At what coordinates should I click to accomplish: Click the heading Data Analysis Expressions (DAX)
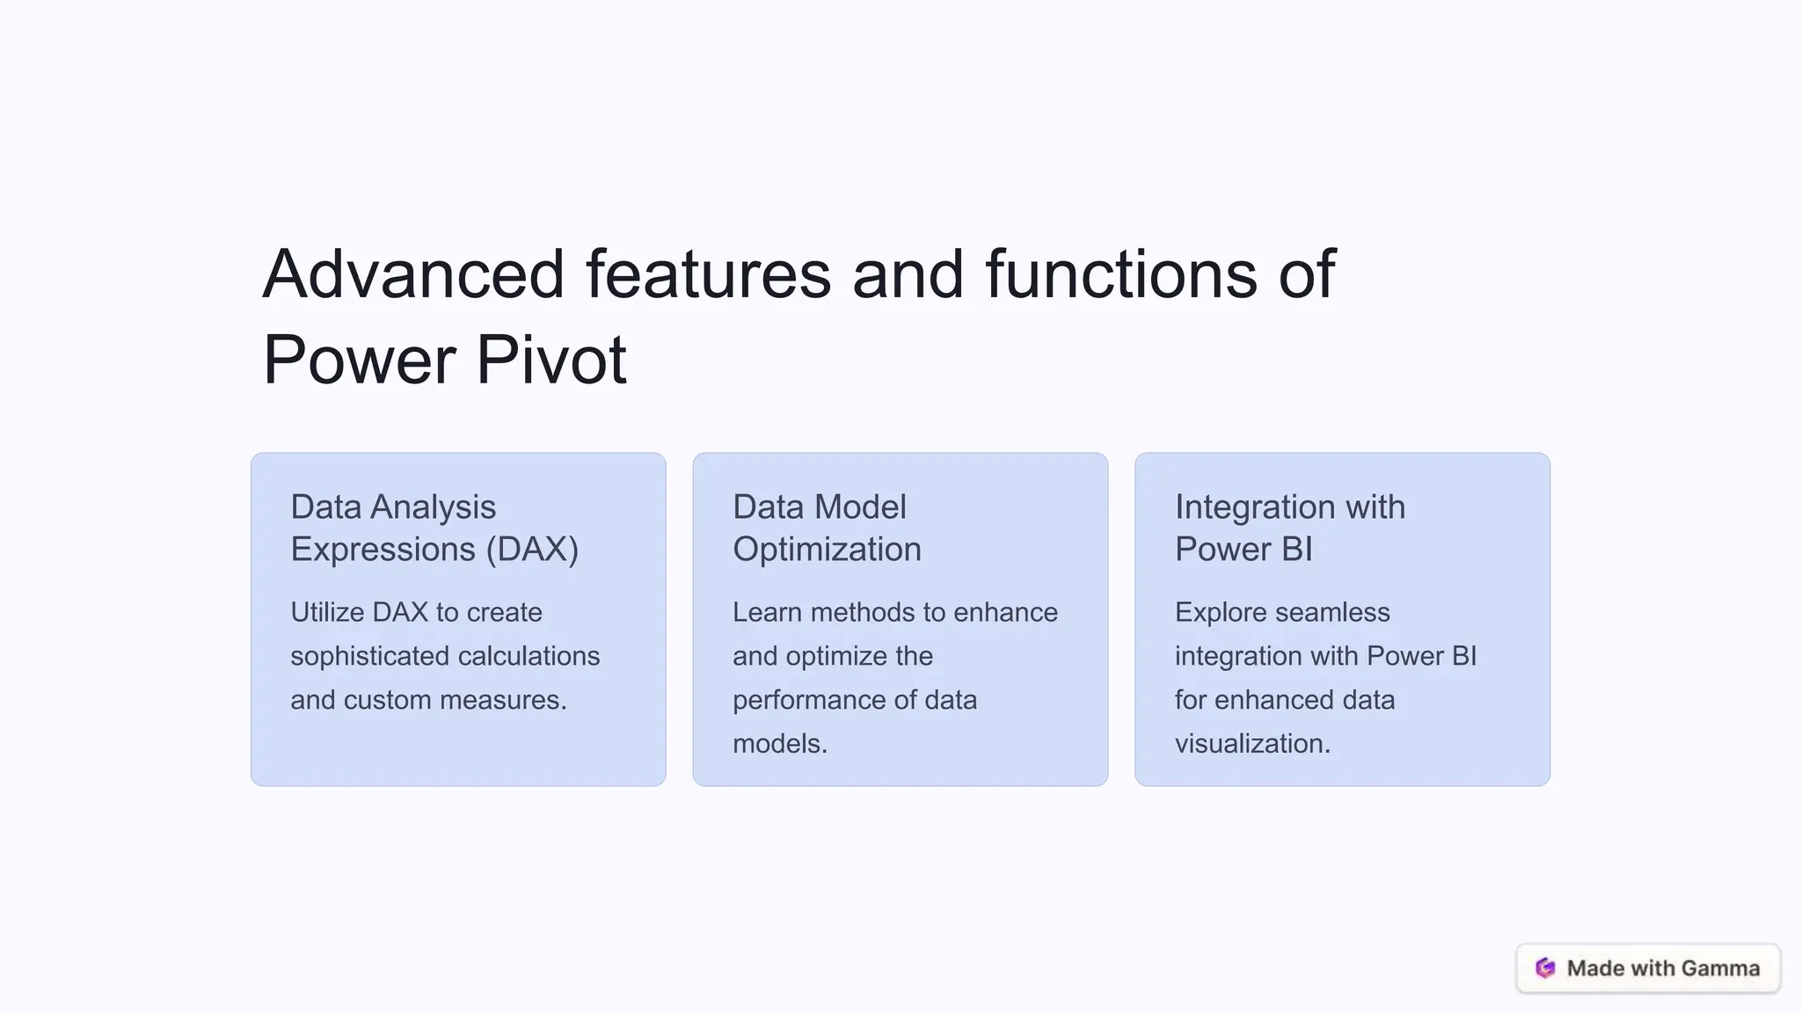click(x=434, y=528)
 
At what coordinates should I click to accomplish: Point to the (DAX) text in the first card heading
click(x=532, y=550)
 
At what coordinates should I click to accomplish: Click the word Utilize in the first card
click(x=327, y=612)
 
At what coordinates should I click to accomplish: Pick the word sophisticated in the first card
click(x=370, y=656)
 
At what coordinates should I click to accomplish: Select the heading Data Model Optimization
click(x=827, y=528)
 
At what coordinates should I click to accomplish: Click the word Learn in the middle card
click(x=767, y=612)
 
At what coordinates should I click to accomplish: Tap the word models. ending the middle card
click(x=779, y=744)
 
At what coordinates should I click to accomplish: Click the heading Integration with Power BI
click(x=1289, y=528)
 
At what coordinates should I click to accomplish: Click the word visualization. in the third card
click(x=1252, y=744)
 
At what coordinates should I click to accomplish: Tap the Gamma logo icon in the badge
click(x=1545, y=968)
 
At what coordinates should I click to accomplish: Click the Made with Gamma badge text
click(x=1663, y=968)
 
